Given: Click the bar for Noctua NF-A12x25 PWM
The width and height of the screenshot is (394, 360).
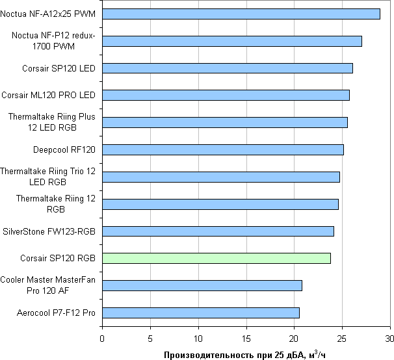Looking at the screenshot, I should click(x=241, y=14).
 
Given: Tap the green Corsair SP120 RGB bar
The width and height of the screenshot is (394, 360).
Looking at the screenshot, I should click(x=217, y=258).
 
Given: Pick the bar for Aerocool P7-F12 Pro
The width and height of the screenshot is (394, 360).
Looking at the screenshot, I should click(x=201, y=313).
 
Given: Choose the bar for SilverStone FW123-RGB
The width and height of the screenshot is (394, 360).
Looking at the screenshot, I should click(x=218, y=231).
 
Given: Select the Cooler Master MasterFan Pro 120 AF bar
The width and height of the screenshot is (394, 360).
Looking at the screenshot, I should click(x=202, y=285).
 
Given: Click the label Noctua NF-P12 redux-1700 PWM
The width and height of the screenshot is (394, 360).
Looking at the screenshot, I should click(x=53, y=41).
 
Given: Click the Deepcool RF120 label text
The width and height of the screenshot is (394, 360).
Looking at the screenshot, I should click(x=64, y=149).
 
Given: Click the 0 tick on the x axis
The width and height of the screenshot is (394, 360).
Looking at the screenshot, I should click(x=102, y=338).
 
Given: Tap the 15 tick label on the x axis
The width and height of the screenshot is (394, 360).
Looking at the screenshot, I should click(x=246, y=338).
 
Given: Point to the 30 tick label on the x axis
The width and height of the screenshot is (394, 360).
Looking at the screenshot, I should click(x=389, y=338).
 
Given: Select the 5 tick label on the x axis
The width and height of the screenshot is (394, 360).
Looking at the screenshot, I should click(x=150, y=338).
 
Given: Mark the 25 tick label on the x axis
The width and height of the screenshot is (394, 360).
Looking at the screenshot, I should click(x=342, y=338).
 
